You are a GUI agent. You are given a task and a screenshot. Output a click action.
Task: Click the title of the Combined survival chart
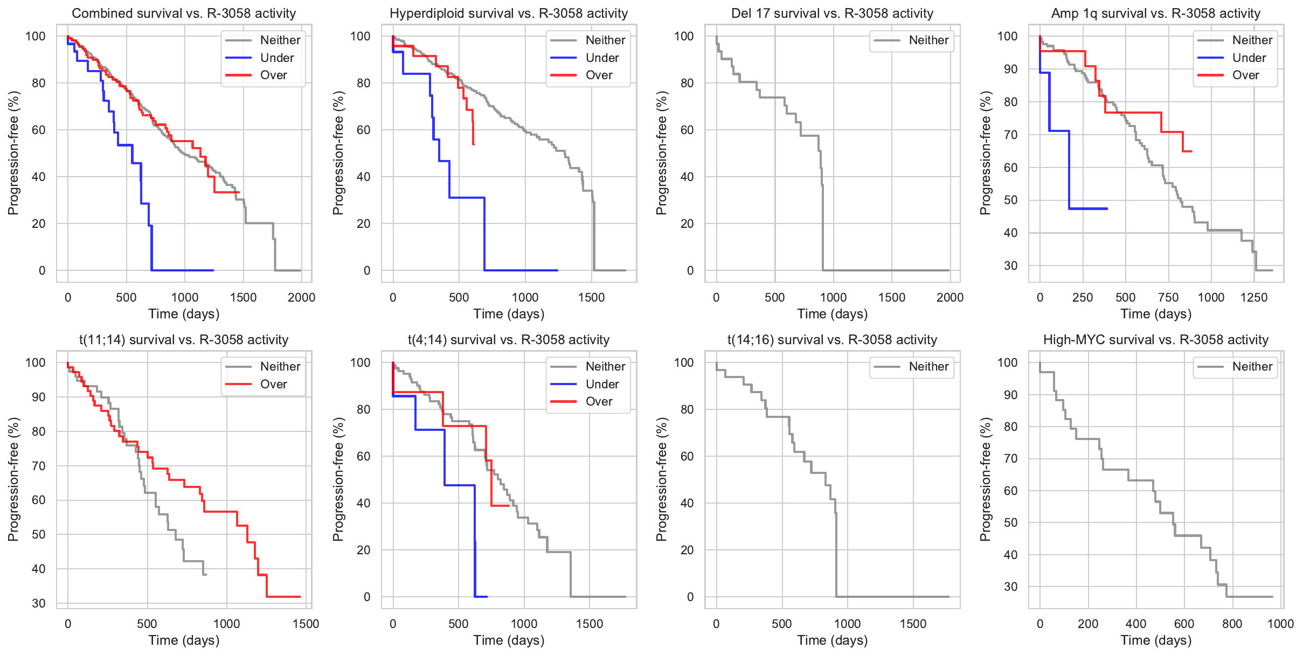[x=184, y=13]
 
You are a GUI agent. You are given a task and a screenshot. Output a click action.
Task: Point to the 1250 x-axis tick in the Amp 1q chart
[x=1254, y=297]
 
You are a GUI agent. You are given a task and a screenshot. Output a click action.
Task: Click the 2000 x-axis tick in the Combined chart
[x=301, y=297]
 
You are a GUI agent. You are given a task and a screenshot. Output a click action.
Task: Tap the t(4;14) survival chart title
[x=509, y=340]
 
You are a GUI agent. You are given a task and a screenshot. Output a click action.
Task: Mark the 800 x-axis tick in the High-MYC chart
[x=1232, y=624]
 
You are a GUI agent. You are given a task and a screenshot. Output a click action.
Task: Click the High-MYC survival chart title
[x=1156, y=340]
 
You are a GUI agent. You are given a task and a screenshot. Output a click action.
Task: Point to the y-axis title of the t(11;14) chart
[x=13, y=479]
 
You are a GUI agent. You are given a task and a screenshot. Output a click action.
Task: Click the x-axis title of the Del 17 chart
[x=833, y=314]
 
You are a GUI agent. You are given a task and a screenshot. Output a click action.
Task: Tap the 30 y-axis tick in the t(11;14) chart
[x=39, y=603]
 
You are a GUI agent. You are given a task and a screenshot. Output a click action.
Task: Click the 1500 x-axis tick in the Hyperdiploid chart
[x=591, y=297]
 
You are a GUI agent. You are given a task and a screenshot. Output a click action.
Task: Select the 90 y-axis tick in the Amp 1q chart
[x=1011, y=69]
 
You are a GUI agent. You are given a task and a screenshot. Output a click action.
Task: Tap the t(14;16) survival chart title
[x=833, y=340]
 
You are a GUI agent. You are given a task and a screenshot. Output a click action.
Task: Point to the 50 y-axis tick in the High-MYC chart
[x=1011, y=522]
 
